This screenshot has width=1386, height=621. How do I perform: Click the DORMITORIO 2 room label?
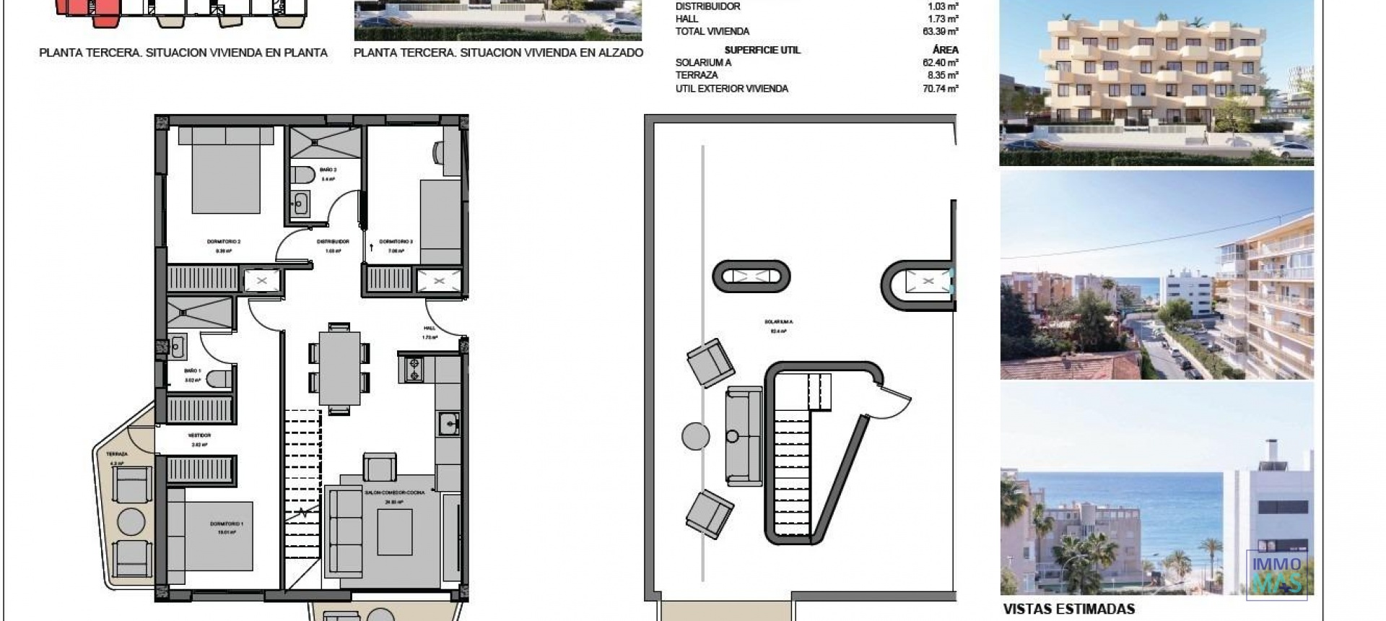224,242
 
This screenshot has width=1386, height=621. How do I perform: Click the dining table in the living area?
339,368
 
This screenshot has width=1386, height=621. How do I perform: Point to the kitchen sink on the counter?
449,424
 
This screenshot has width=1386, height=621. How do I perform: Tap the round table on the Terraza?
131,521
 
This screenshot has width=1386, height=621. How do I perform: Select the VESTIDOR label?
199,435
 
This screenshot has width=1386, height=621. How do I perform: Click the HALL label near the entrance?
430,328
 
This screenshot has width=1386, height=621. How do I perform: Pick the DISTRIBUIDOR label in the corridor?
333,242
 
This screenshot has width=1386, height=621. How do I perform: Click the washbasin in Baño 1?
177,347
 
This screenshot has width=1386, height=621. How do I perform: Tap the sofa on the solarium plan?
744,436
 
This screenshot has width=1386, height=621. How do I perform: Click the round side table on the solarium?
696,436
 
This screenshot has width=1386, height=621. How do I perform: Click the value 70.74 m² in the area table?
940,89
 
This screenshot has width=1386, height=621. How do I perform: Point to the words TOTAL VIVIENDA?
712,32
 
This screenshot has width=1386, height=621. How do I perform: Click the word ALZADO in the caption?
617,53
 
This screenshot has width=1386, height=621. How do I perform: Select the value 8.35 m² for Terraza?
943,75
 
